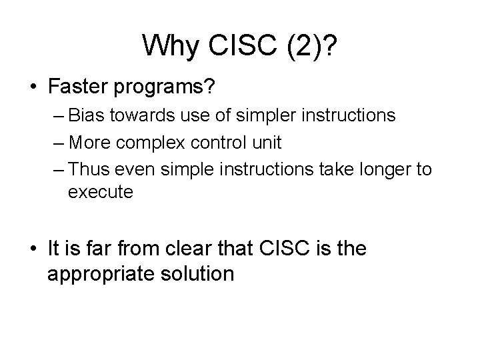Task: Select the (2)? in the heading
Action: point(308,45)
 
